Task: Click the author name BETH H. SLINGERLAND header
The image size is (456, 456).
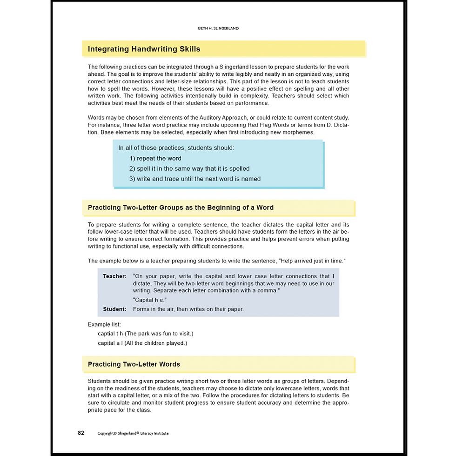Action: click(218, 28)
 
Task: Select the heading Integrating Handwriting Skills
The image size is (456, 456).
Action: click(144, 49)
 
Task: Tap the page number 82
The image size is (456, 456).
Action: click(81, 433)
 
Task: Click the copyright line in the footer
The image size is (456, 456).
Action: click(133, 433)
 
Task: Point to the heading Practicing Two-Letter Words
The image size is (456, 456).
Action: click(134, 364)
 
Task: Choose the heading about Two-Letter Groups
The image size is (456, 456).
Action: click(181, 208)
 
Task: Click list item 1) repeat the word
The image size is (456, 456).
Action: click(155, 158)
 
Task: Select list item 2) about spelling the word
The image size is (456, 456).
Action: click(189, 168)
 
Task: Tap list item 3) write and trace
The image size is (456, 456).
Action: click(195, 179)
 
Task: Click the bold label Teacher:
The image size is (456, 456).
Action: click(114, 276)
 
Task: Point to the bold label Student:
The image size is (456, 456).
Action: click(114, 309)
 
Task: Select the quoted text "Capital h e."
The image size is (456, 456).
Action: click(150, 300)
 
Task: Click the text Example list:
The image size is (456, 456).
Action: click(104, 324)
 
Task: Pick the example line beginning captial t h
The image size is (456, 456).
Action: click(145, 334)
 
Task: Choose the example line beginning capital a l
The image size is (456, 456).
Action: click(142, 343)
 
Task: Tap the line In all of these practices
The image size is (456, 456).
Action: click(176, 148)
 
